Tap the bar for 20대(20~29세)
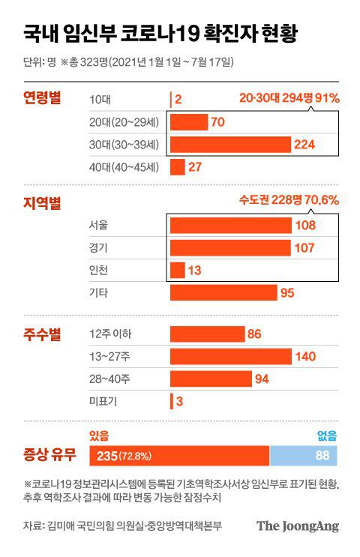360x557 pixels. (x=189, y=121)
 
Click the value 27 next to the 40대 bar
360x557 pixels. (x=195, y=166)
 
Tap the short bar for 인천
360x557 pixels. (x=178, y=270)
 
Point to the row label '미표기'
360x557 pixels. (x=102, y=401)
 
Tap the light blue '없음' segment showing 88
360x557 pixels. (x=303, y=456)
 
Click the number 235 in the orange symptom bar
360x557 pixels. (x=106, y=456)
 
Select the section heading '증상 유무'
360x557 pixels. (x=50, y=455)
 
